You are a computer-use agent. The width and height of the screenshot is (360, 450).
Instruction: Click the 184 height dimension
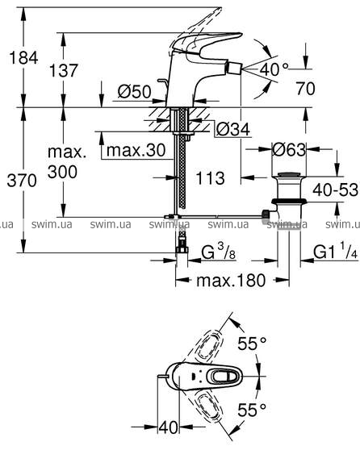(23, 57)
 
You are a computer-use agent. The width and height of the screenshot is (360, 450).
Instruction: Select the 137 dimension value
(64, 70)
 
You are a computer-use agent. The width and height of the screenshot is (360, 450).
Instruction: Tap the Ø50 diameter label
(134, 92)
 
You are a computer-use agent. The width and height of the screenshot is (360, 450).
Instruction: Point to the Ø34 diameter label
(233, 129)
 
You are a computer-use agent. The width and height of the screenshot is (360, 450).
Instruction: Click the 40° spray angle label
(274, 69)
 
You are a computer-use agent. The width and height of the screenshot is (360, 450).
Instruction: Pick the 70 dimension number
(305, 88)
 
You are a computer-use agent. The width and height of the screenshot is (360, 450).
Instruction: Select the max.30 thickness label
(136, 150)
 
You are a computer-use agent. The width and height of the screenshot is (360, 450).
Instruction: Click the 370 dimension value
(22, 181)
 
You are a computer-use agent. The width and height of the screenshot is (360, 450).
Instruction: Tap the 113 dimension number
(210, 178)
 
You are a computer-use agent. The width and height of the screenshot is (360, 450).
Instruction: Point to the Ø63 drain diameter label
(289, 149)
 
